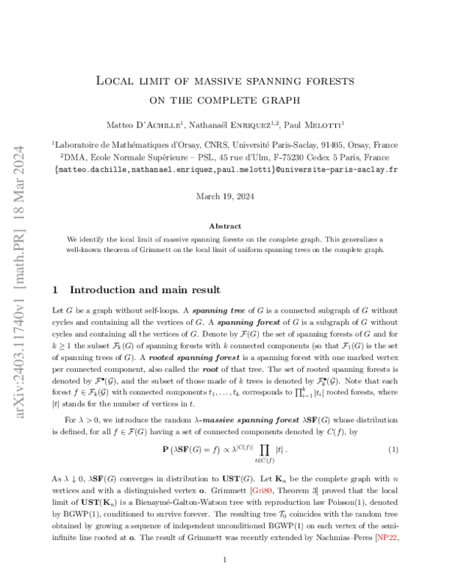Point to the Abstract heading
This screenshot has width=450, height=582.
click(225, 226)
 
